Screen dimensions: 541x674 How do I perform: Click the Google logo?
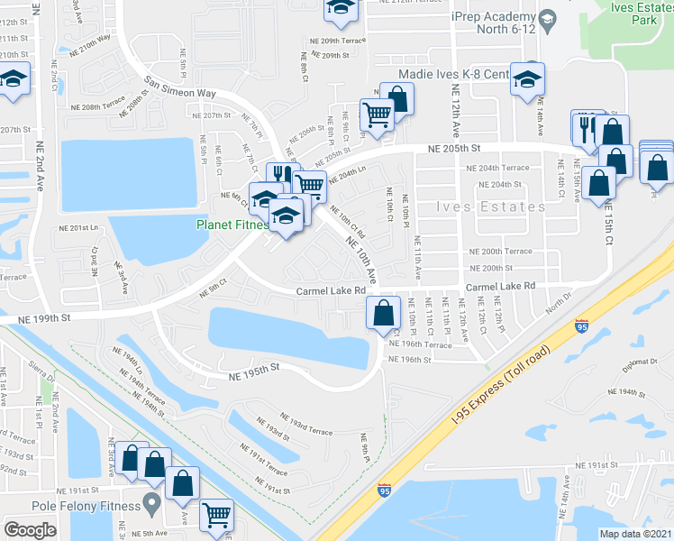click(31, 530)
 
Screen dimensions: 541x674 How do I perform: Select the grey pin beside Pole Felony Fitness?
click(150, 500)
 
